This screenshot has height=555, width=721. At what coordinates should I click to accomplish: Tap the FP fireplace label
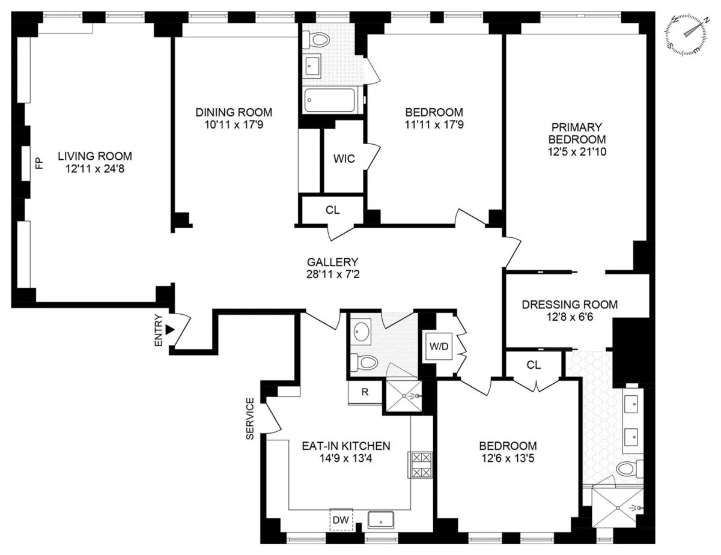click(39, 163)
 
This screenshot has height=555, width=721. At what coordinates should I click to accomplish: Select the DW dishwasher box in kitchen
click(341, 518)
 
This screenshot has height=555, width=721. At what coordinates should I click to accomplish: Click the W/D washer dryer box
click(439, 348)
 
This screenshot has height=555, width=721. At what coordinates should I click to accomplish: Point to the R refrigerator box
click(365, 393)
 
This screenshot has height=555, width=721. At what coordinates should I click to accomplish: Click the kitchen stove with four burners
click(420, 464)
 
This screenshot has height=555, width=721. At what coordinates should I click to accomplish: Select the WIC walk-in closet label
click(344, 159)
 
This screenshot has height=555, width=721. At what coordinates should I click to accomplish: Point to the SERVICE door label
click(250, 419)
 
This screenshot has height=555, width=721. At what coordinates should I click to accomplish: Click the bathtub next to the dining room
click(331, 100)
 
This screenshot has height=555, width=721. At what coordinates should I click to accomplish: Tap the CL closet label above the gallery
click(332, 210)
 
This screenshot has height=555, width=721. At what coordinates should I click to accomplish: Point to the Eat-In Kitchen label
click(345, 446)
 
